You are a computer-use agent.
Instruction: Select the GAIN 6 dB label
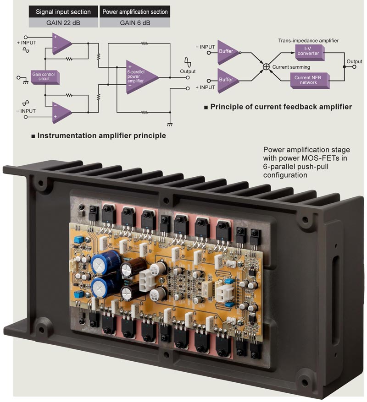(134, 22)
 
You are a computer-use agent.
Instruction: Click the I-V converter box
(308, 51)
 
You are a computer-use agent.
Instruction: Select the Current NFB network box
(308, 80)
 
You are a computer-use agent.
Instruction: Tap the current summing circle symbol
(265, 66)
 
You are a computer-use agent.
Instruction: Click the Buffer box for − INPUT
(226, 52)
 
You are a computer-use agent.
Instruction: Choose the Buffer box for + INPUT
(226, 80)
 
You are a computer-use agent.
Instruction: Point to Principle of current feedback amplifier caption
(281, 107)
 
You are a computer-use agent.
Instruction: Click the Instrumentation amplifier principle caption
(101, 136)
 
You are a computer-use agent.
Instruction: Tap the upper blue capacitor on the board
(99, 264)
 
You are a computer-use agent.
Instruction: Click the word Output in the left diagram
(188, 71)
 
